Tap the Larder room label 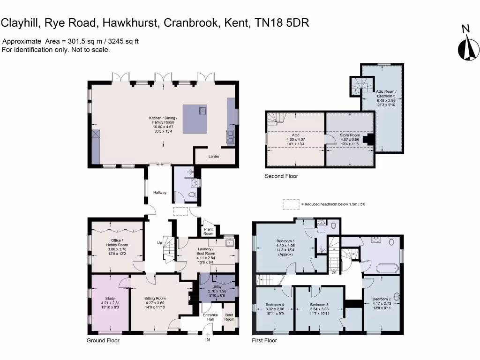pyautogui.click(x=214, y=157)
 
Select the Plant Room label pyautogui.click(x=208, y=231)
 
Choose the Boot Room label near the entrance pyautogui.click(x=229, y=317)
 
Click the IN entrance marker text pyautogui.click(x=208, y=340)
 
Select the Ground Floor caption pyautogui.click(x=103, y=340)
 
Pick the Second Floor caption pyautogui.click(x=281, y=176)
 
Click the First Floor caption pyautogui.click(x=265, y=340)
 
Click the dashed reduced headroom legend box pyautogui.click(x=291, y=204)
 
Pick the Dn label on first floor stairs pyautogui.click(x=333, y=272)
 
